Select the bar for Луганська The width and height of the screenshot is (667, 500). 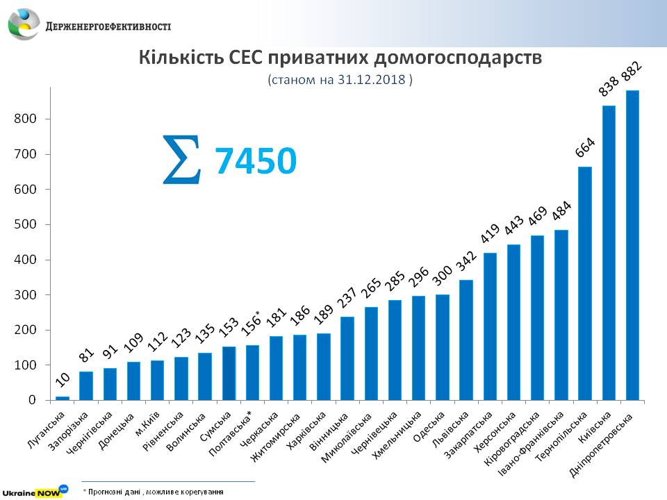(63, 398)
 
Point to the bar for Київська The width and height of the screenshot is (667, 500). (609, 253)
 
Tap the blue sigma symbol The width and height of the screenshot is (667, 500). (183, 160)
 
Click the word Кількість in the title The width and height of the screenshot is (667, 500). (179, 58)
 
